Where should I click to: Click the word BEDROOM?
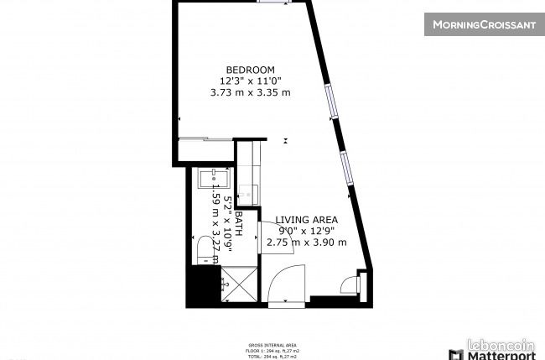250,69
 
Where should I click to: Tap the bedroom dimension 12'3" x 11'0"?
250,81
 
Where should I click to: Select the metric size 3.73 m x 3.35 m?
250,92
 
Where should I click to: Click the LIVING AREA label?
306,220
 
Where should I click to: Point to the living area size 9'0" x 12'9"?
306,231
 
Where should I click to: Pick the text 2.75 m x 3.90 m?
306,243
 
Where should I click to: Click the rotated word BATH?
238,223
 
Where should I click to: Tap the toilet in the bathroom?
205,248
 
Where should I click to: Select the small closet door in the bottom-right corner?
350,285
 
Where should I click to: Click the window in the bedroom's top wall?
272,3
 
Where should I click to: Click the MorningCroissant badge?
484,24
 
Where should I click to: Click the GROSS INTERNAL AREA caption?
272,345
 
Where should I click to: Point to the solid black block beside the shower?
201,285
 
